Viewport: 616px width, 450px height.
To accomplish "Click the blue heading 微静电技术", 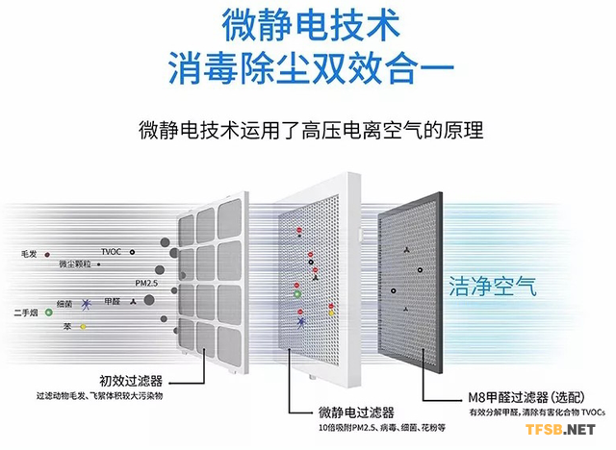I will [308, 23].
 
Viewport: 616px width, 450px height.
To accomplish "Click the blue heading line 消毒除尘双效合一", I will [308, 66].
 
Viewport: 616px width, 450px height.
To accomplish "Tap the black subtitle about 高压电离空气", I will [308, 129].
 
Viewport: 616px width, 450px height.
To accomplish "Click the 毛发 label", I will [28, 253].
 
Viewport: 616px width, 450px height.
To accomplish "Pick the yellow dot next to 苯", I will [83, 327].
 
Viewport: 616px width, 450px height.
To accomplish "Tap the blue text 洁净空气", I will [492, 286].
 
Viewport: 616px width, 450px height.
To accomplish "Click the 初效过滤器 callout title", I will [129, 379].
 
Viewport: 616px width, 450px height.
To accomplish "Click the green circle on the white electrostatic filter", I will [297, 295].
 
